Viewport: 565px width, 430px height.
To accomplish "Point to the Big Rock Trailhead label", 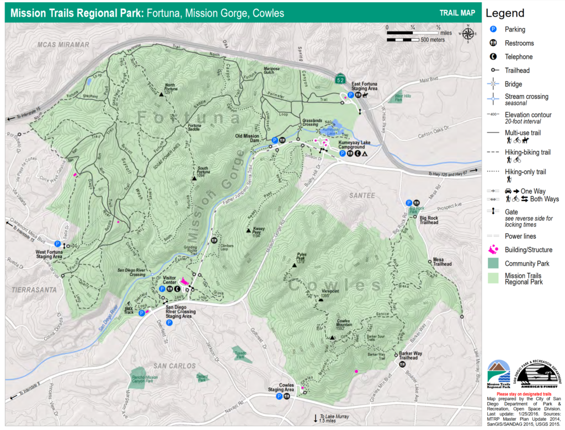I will tap(428, 221).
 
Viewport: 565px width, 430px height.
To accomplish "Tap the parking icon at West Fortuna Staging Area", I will tap(57, 244).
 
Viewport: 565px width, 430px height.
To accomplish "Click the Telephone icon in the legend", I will tap(494, 57).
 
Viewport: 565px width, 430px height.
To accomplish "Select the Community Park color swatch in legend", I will tap(494, 264).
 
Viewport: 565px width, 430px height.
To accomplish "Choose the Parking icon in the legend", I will tap(494, 30).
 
